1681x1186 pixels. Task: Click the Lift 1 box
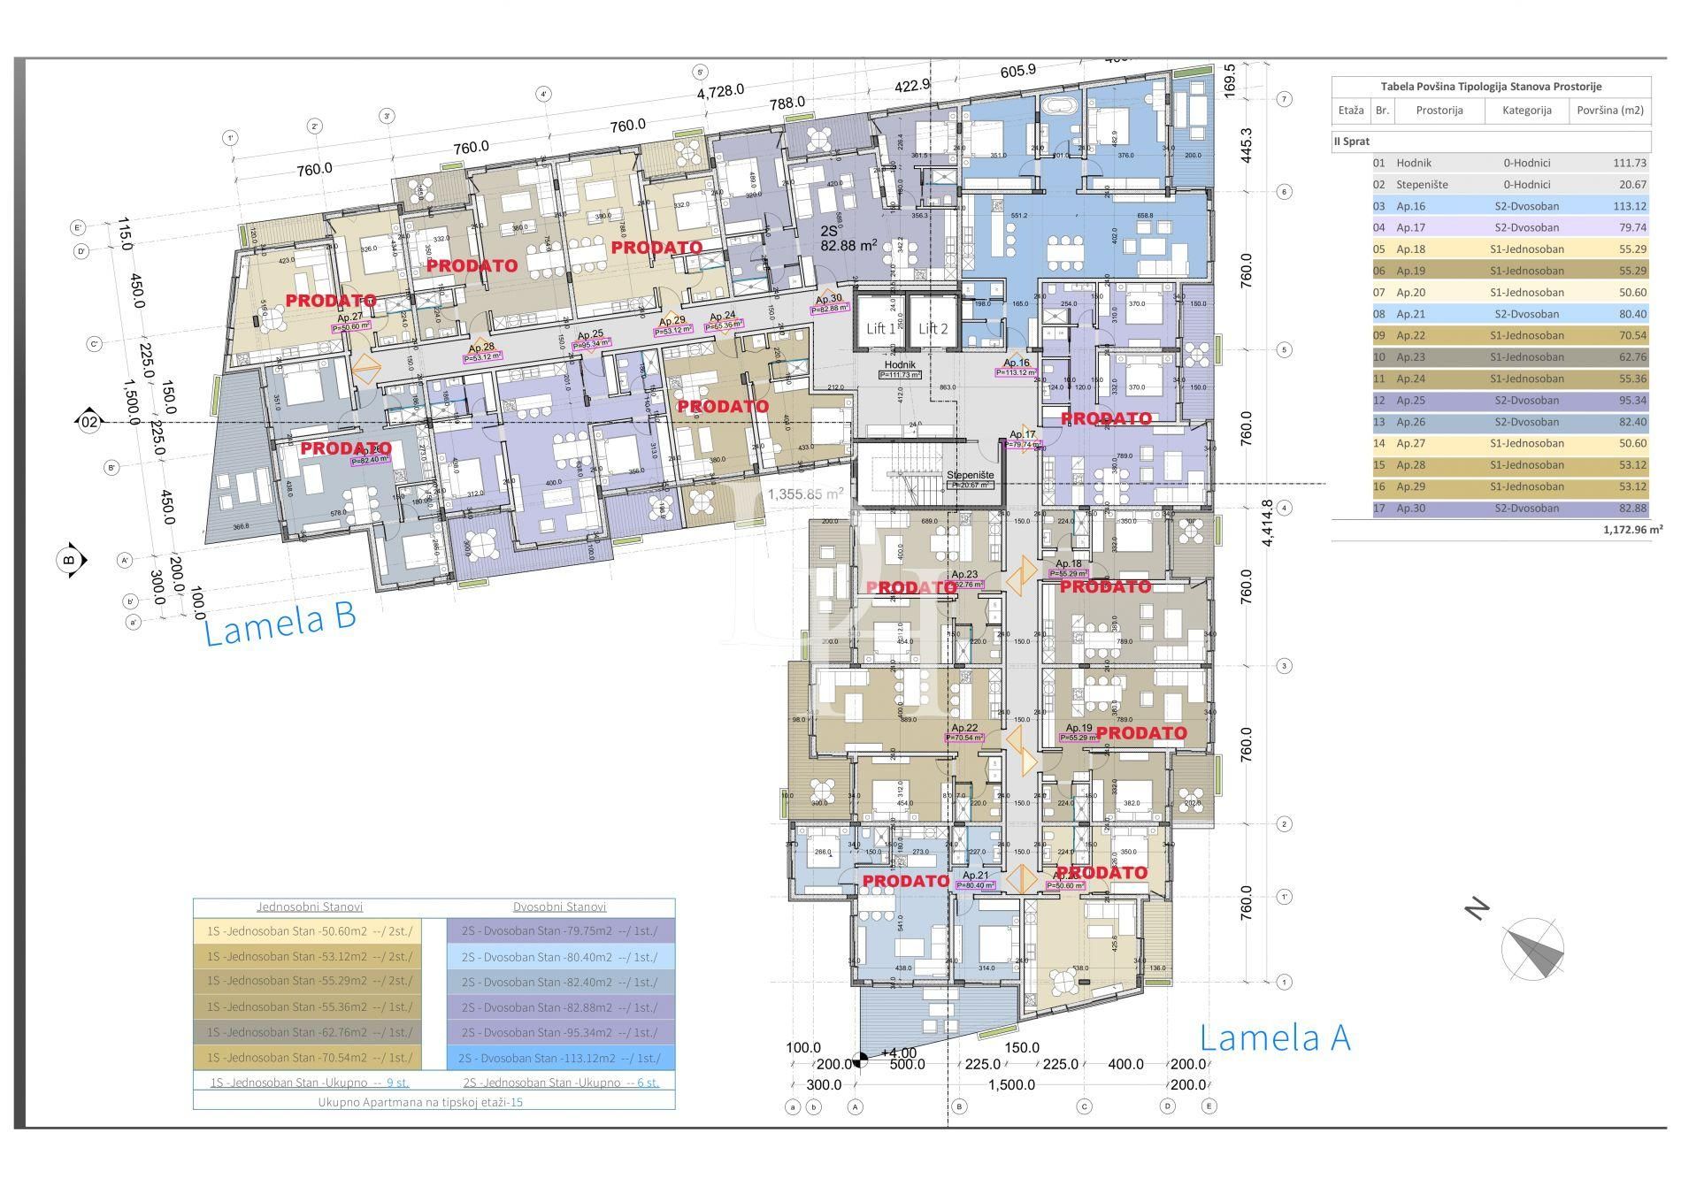[x=880, y=328]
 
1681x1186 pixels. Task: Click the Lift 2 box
[x=933, y=328]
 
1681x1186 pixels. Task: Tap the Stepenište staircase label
[x=970, y=475]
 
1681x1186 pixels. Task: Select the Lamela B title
[x=280, y=622]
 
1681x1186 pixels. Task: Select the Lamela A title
[x=1274, y=1037]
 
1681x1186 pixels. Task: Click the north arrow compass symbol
[x=1532, y=949]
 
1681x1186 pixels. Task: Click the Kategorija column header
[x=1525, y=111]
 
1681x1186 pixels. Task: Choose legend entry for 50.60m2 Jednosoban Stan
[x=309, y=931]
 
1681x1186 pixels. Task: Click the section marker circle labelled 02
[x=89, y=423]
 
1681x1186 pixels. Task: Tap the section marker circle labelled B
[x=70, y=560]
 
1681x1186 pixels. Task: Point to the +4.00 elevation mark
[x=898, y=1052]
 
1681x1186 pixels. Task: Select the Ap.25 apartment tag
[x=590, y=335]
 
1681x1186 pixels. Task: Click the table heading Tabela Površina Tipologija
[x=1491, y=87]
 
